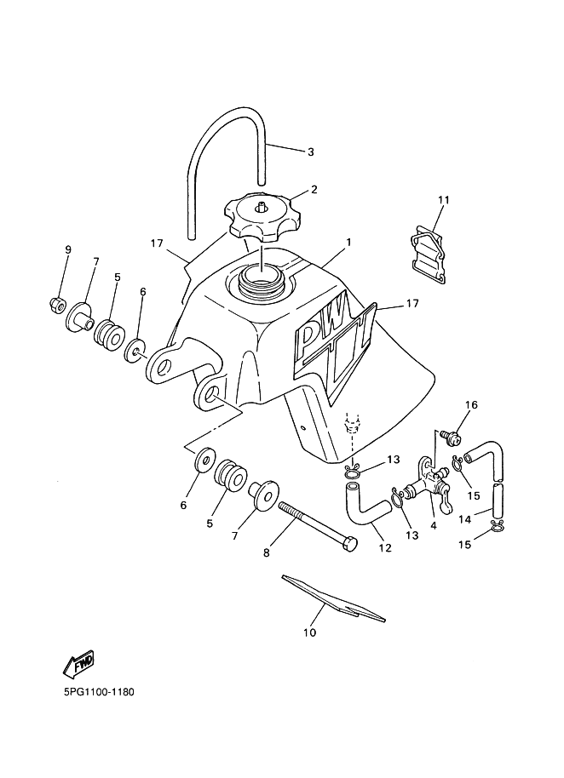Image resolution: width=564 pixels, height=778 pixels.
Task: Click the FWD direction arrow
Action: pyautogui.click(x=79, y=665)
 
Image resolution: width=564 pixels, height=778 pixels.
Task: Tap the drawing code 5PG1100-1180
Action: pyautogui.click(x=99, y=691)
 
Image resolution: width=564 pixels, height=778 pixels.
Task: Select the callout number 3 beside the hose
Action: pyautogui.click(x=311, y=152)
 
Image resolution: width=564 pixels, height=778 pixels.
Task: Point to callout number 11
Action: pyautogui.click(x=443, y=200)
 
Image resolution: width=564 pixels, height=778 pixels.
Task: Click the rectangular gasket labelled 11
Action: pyautogui.click(x=428, y=253)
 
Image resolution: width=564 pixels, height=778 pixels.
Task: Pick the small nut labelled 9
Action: pyautogui.click(x=56, y=305)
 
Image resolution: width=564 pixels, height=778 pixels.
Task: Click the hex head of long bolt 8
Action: pyautogui.click(x=349, y=544)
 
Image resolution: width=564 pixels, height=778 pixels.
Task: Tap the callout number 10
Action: pyautogui.click(x=309, y=632)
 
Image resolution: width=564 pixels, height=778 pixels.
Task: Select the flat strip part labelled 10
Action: pyautogui.click(x=333, y=598)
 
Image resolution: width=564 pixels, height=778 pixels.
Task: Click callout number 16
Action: pyautogui.click(x=471, y=405)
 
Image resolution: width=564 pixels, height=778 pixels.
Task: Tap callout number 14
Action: pyautogui.click(x=464, y=519)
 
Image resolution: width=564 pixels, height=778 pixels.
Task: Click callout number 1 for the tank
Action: pyautogui.click(x=349, y=242)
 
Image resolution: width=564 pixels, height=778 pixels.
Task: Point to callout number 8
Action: pyautogui.click(x=266, y=552)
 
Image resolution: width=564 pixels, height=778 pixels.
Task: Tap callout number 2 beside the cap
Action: pyautogui.click(x=314, y=190)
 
